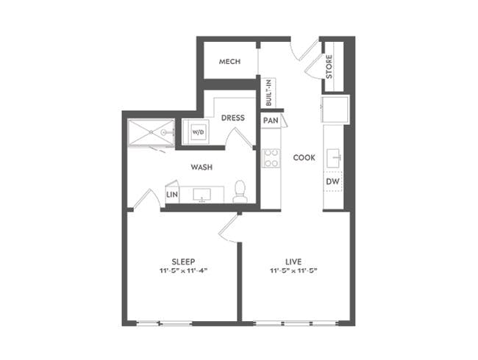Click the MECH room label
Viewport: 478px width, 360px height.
point(229,62)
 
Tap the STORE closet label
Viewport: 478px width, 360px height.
point(329,67)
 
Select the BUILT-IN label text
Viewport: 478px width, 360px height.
point(269,93)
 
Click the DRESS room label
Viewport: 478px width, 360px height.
point(233,118)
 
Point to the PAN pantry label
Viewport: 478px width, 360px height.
point(270,120)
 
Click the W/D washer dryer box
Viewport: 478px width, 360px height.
point(199,132)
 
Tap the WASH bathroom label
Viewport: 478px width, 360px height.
point(201,168)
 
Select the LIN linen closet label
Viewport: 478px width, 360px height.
point(172,195)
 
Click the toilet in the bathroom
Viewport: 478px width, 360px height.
point(240,192)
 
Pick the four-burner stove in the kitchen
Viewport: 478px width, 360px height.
point(271,158)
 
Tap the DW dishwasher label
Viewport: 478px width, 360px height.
point(332,181)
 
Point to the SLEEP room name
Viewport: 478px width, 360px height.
point(183,261)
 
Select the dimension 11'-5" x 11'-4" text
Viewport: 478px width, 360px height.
point(183,271)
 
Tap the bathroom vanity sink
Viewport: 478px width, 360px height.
point(201,194)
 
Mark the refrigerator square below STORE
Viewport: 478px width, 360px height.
point(335,109)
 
